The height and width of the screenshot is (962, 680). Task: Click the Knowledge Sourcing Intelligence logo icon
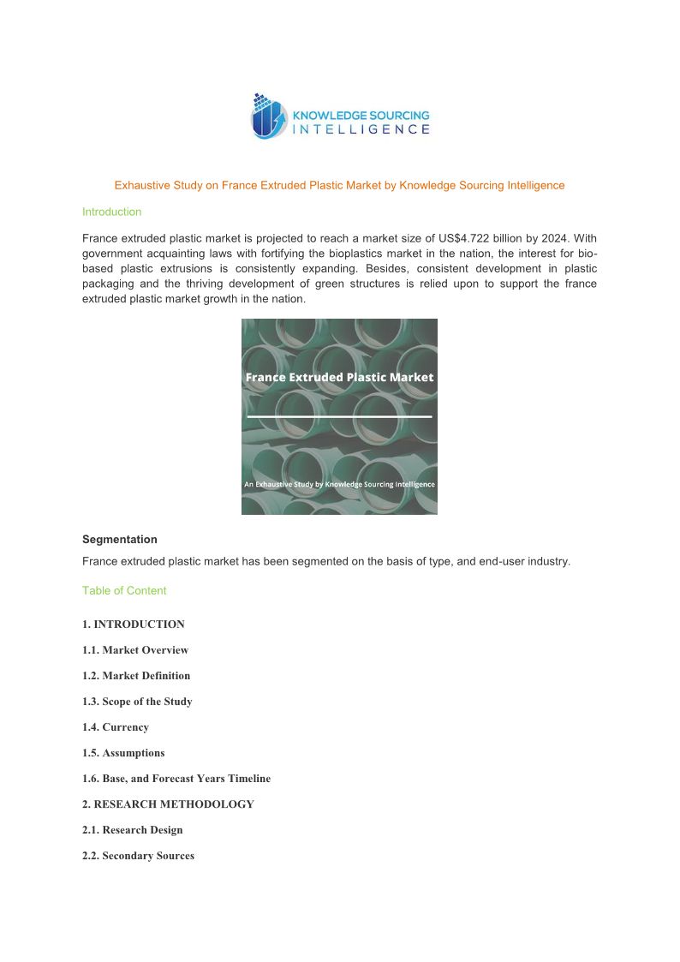click(269, 117)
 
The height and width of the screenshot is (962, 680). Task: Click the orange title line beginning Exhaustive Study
click(339, 185)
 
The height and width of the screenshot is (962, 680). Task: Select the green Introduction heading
click(111, 212)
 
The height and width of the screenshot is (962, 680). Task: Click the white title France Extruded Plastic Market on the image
click(339, 377)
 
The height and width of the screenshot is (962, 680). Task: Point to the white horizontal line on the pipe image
click(339, 416)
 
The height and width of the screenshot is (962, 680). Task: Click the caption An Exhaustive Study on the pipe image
click(339, 484)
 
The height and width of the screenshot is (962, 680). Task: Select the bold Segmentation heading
click(120, 540)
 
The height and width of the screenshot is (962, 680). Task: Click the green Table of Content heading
click(124, 590)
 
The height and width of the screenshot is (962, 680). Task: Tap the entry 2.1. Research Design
click(133, 830)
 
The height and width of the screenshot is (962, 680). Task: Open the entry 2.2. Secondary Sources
click(138, 856)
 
